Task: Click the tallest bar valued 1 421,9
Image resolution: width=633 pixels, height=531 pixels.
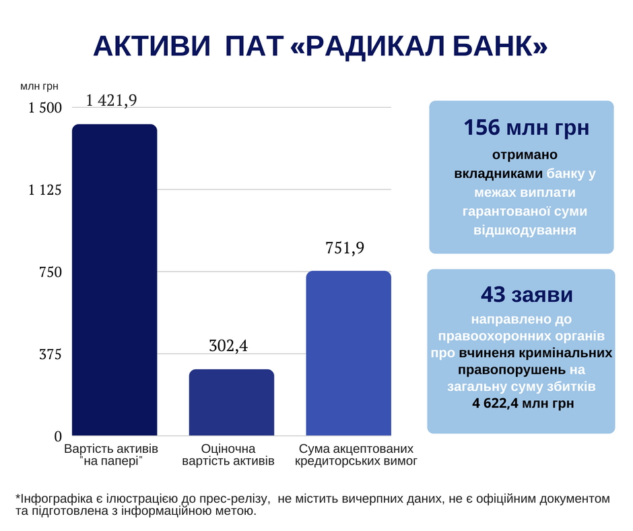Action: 114,280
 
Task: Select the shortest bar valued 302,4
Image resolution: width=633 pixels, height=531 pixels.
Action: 232,402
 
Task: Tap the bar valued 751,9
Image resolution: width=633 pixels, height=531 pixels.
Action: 348,353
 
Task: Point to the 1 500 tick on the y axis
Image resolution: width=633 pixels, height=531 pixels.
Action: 45,108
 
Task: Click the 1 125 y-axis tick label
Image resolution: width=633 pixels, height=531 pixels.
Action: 45,190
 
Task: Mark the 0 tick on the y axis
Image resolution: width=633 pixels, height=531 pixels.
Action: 58,436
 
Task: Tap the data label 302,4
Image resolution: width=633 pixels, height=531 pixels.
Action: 229,346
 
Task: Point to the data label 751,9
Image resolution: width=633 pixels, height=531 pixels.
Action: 345,248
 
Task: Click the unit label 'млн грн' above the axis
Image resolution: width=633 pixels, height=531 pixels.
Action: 39,86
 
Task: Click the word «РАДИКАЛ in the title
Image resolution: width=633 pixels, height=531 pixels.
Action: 357,46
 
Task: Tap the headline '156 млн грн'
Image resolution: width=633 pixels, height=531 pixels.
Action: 521,127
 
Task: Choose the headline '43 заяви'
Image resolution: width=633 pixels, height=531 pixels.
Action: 521,294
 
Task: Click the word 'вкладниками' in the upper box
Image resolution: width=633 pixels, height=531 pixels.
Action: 498,173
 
